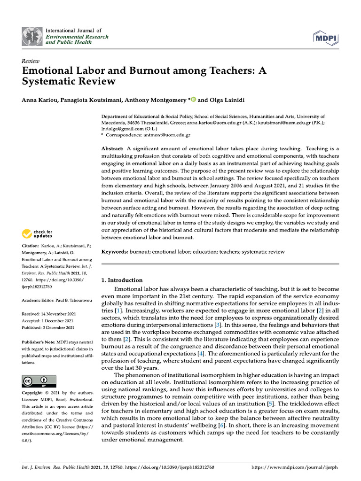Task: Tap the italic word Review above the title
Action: [31, 61]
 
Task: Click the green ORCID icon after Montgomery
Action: [193, 100]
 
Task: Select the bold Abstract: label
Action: [113, 148]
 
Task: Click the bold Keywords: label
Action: [115, 252]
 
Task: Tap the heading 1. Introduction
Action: [122, 280]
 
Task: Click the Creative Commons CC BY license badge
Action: [39, 381]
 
